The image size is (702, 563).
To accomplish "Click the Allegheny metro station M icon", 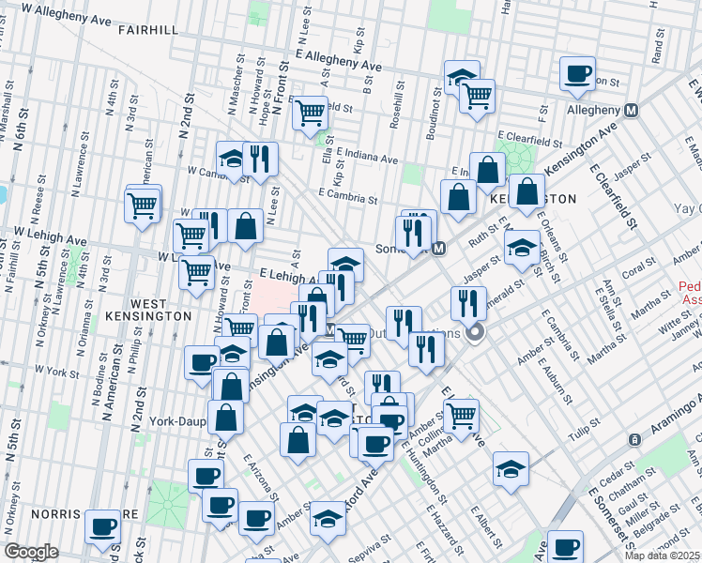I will (632, 110).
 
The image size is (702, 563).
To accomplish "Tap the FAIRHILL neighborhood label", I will (148, 30).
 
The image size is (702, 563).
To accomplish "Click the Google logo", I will (30, 552).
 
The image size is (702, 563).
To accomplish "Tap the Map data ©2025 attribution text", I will (663, 555).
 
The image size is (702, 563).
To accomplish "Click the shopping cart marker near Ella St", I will (310, 113).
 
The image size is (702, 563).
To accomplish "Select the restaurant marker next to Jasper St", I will (467, 302).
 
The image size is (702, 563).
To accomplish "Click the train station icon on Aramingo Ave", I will (634, 439).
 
